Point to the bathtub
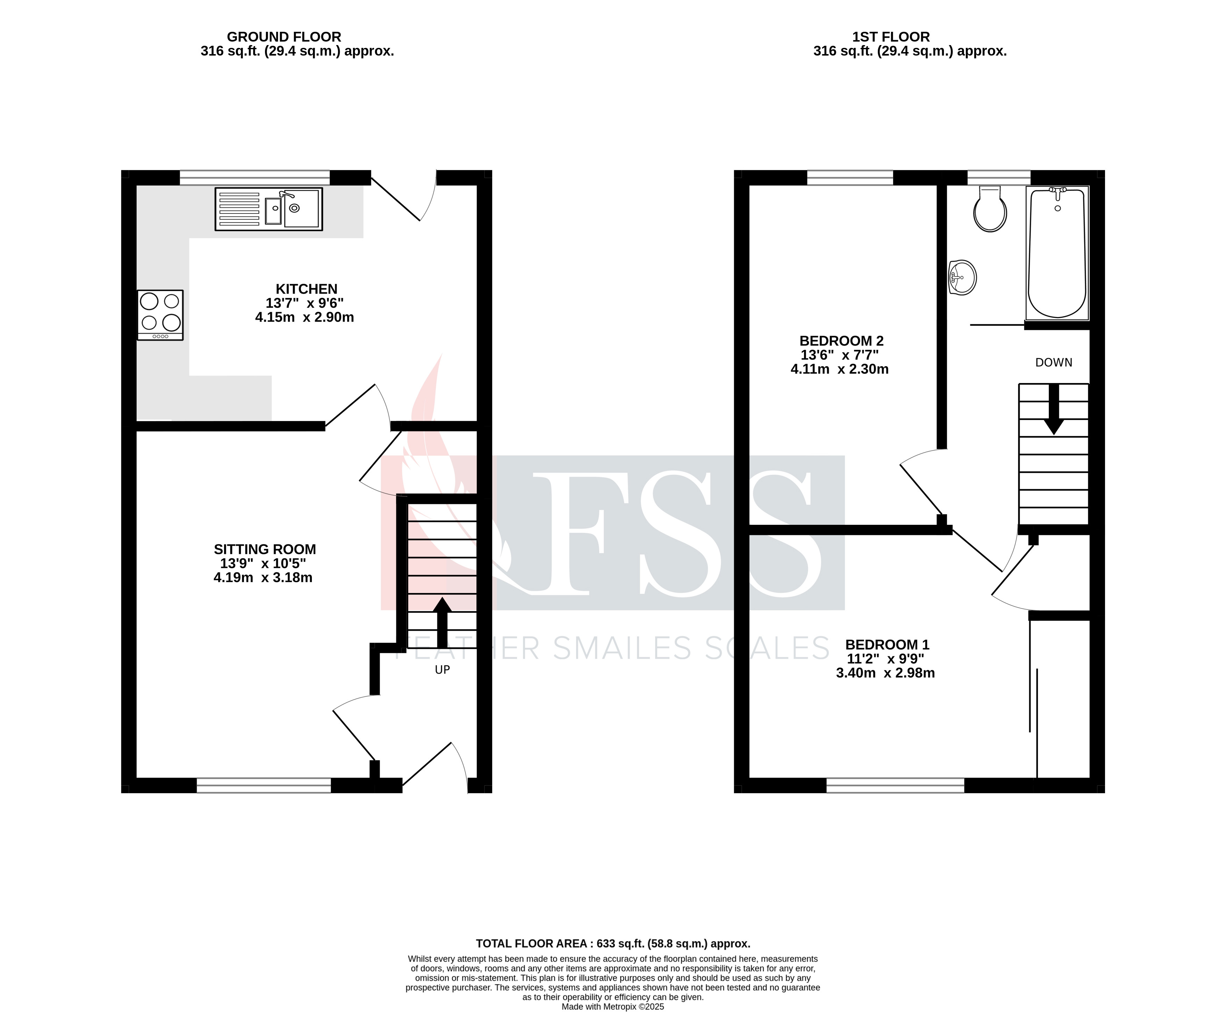(x=1057, y=252)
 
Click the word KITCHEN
(x=306, y=289)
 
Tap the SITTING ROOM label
(x=265, y=549)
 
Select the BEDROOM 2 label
(x=841, y=341)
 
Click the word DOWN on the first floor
(x=1053, y=363)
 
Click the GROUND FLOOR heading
(x=284, y=37)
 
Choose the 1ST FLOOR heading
(x=891, y=37)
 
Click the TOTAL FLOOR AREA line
(x=612, y=943)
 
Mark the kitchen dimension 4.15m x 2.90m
(x=304, y=318)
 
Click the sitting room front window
(x=264, y=785)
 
